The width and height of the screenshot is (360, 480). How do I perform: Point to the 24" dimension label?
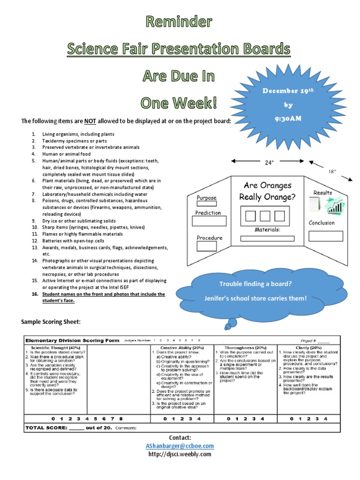click(x=269, y=163)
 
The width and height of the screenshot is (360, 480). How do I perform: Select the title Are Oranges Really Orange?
click(x=267, y=191)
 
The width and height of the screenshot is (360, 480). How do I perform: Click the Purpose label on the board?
click(x=206, y=198)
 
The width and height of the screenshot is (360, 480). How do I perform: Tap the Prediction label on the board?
click(x=208, y=213)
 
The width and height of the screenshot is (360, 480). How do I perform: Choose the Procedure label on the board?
click(x=210, y=238)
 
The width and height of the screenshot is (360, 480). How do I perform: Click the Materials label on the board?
click(x=267, y=230)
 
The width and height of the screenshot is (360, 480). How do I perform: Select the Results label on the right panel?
click(x=323, y=193)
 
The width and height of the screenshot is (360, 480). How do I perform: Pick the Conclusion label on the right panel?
click(x=322, y=223)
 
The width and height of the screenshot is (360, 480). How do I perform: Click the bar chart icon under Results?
click(x=334, y=205)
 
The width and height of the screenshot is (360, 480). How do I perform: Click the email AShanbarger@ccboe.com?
click(x=180, y=446)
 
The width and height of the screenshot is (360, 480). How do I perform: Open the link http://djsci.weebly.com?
click(x=180, y=454)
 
